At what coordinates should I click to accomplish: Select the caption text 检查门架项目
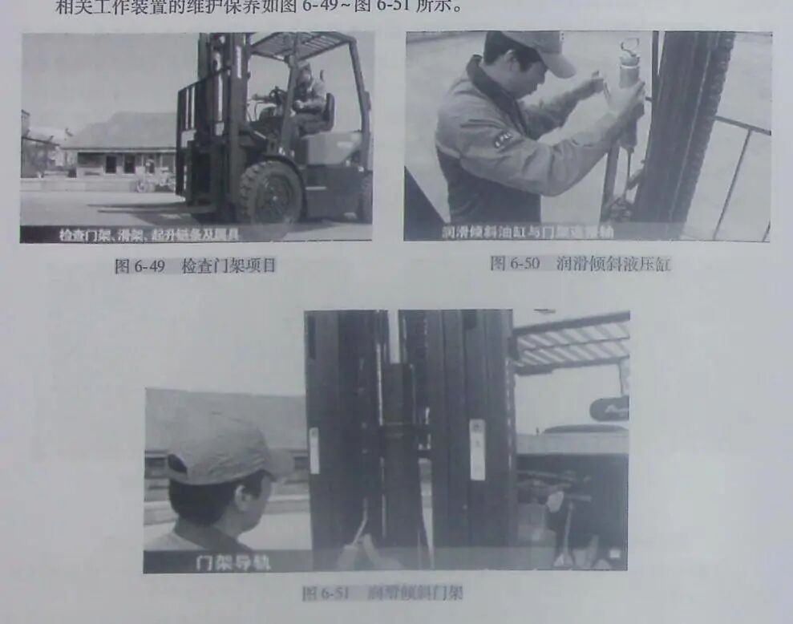pos(229,266)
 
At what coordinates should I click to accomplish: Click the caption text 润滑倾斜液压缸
pos(613,264)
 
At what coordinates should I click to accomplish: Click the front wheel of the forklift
pos(269,192)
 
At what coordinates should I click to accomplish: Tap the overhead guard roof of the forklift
pos(301,45)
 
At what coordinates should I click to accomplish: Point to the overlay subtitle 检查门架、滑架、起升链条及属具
pos(148,235)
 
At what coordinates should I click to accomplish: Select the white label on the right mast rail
pos(477,449)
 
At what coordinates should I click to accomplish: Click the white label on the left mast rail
pos(314,450)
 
